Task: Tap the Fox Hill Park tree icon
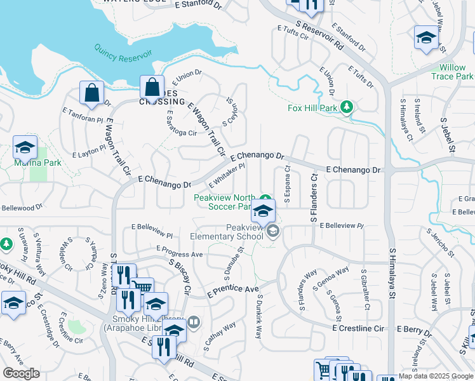tap(347, 107)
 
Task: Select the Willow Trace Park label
tap(456, 72)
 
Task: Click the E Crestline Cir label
tap(359, 328)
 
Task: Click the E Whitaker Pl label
tap(227, 175)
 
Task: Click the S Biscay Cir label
tap(180, 276)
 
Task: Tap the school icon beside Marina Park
tap(25, 148)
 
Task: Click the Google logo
tap(21, 373)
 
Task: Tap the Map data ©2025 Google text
tap(436, 376)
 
